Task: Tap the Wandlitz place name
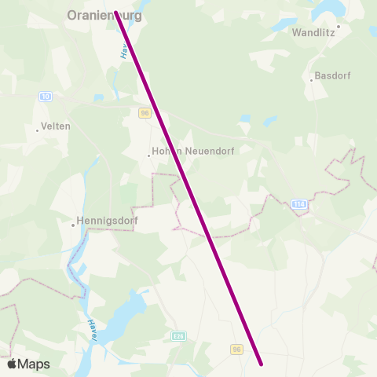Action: pyautogui.click(x=313, y=33)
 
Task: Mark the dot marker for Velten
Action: pyautogui.click(x=38, y=130)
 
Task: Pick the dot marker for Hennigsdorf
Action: pyautogui.click(x=72, y=225)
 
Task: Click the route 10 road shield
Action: pyautogui.click(x=46, y=96)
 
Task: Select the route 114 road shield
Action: pyautogui.click(x=298, y=204)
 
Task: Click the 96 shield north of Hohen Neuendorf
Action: pyautogui.click(x=145, y=113)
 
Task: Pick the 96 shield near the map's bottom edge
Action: pyautogui.click(x=236, y=349)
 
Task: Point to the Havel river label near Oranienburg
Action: pyautogui.click(x=124, y=49)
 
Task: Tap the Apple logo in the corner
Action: pyautogui.click(x=13, y=364)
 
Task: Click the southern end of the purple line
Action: pyautogui.click(x=260, y=364)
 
